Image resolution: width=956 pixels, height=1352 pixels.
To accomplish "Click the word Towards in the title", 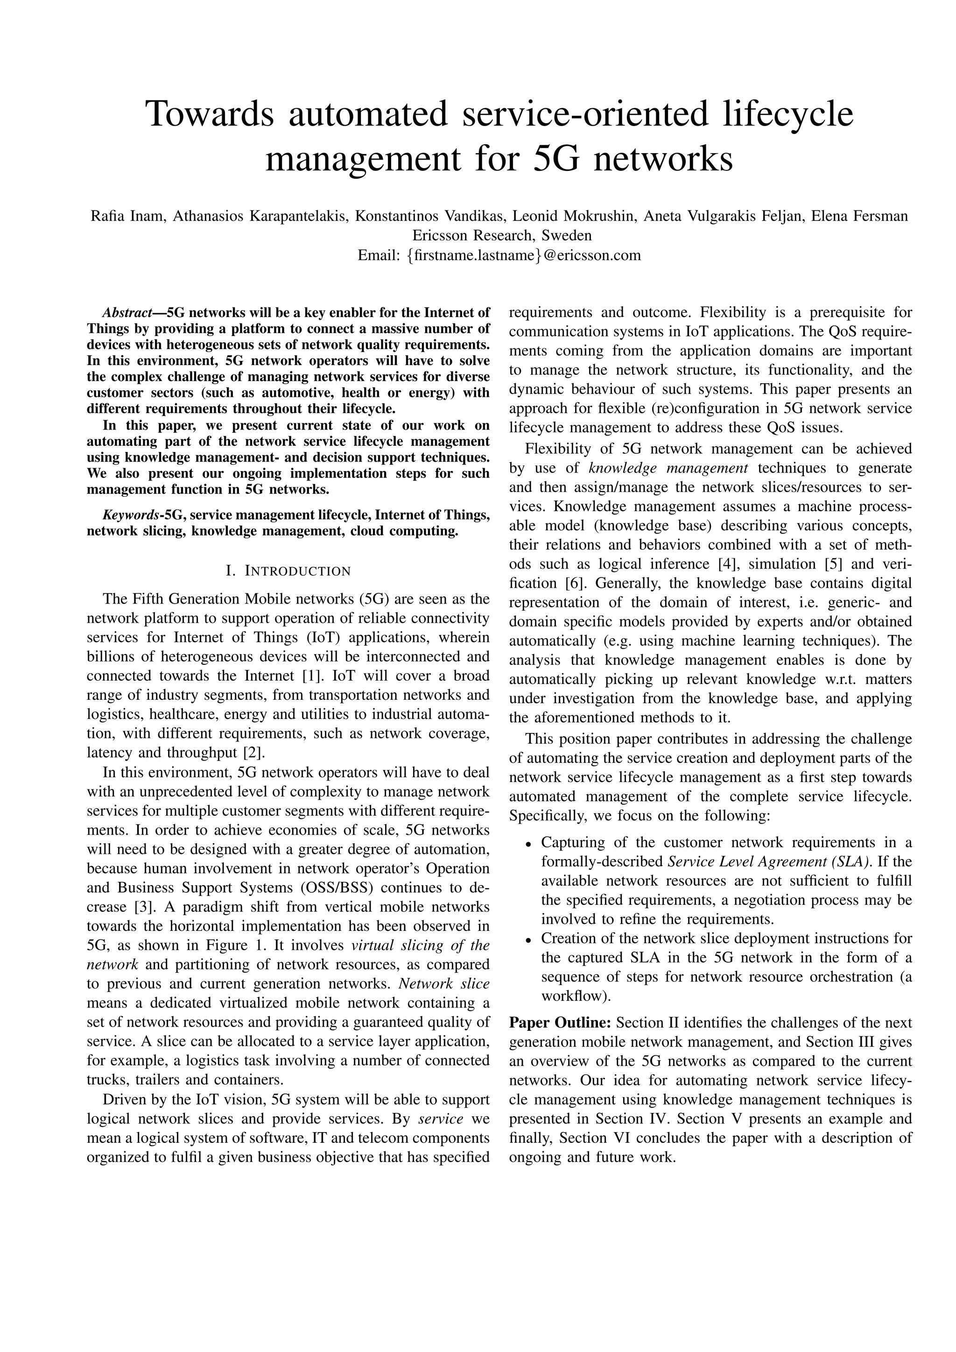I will point(210,114).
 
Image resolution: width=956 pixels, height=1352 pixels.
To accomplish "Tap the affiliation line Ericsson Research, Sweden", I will point(501,236).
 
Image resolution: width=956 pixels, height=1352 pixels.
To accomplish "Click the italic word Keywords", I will point(132,515).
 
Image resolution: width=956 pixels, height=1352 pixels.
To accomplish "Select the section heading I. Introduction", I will point(288,570).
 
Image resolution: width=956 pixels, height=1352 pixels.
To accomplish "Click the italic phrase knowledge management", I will point(668,468).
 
